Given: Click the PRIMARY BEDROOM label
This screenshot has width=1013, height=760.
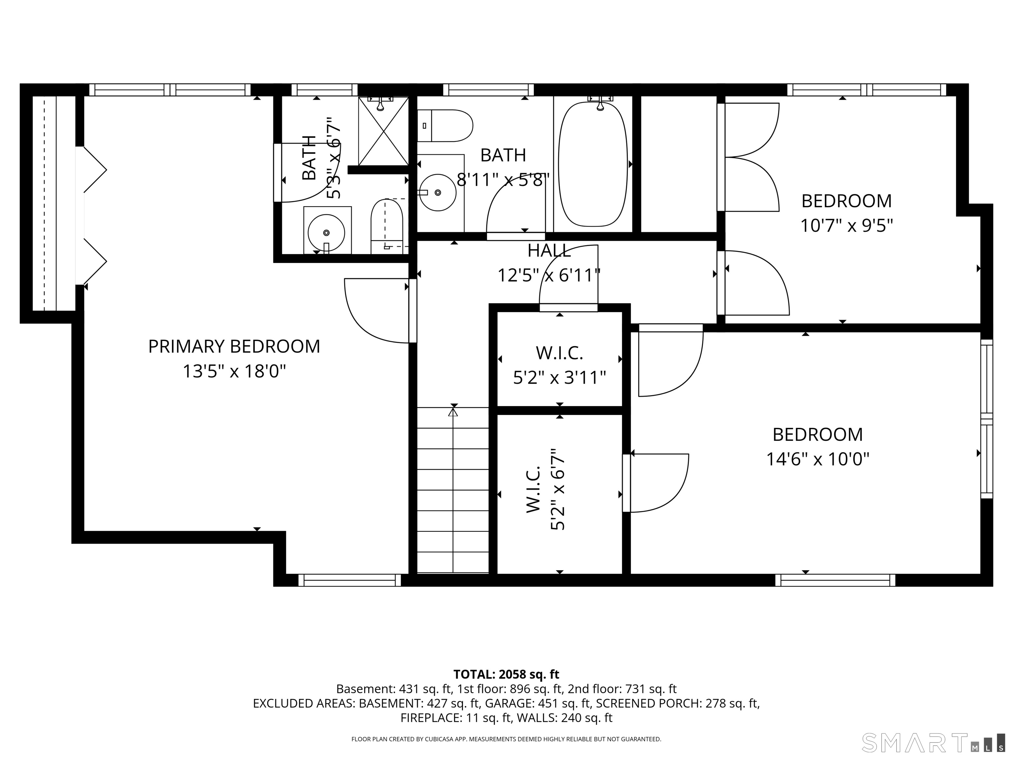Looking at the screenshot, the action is coord(234,346).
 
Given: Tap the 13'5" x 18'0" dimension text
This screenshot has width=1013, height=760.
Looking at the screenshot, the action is coord(234,371).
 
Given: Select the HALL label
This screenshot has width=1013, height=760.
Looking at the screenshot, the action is coord(549,251).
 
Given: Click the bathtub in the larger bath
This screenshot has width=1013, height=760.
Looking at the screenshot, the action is coord(593,164).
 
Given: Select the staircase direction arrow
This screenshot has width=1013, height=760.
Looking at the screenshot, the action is coord(453,490).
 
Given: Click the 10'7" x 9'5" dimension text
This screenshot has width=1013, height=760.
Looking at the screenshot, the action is coord(847,225).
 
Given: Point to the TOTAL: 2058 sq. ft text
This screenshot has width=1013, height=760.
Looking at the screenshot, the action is coord(506,674).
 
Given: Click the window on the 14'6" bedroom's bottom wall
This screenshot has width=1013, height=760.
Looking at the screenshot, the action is coord(835,581).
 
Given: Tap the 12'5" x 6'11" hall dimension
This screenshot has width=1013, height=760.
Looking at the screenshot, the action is coord(549,275).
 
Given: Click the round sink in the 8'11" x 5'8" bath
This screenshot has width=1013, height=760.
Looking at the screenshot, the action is coord(438,192).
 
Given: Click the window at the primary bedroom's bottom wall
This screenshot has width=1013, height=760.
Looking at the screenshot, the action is coord(350,581).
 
